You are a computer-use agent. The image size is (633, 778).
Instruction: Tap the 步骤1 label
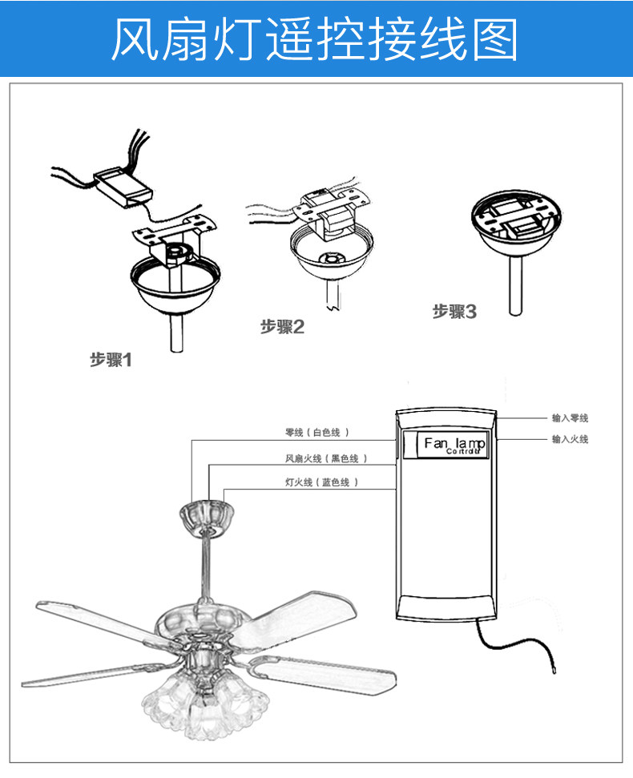[x=110, y=360]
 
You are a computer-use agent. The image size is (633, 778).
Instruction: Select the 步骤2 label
[x=282, y=326]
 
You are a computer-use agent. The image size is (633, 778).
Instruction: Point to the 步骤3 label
[x=454, y=312]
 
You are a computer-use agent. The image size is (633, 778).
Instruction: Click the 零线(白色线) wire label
[x=316, y=432]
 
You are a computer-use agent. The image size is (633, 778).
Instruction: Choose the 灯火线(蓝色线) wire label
[x=321, y=482]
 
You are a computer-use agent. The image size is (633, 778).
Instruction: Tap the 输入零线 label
[x=570, y=418]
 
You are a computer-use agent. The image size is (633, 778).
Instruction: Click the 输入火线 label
[x=570, y=439]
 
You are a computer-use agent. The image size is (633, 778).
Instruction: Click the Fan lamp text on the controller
[x=454, y=444]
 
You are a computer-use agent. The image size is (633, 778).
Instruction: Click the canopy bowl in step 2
[x=328, y=256]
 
